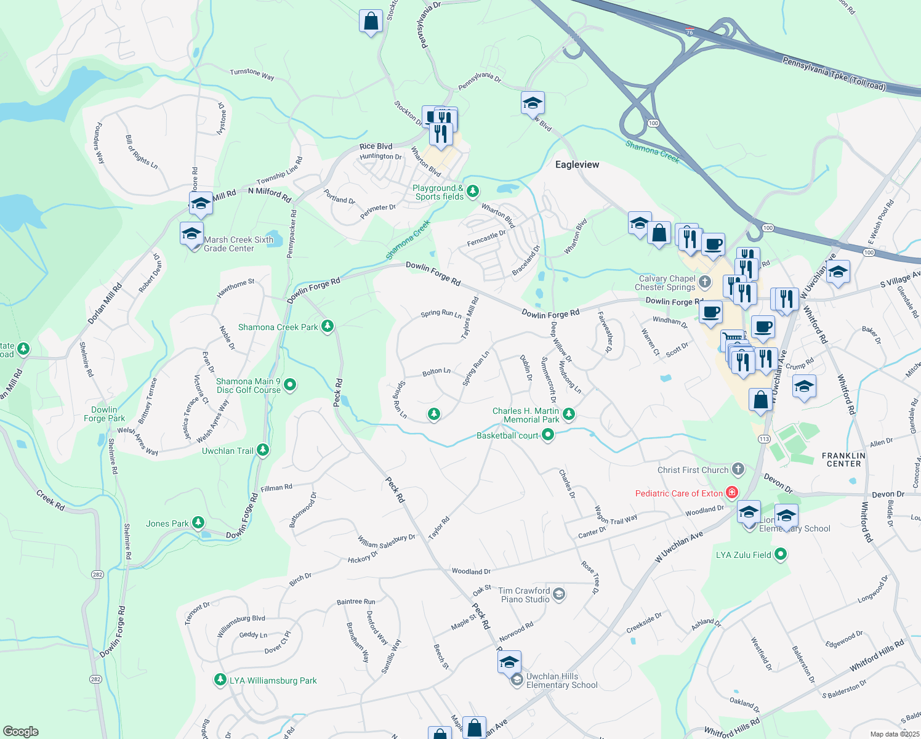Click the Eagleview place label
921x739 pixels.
click(577, 164)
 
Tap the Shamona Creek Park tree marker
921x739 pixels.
click(328, 326)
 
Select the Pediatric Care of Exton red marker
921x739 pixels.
click(731, 493)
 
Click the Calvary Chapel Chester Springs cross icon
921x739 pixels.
click(705, 283)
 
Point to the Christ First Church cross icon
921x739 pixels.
click(738, 470)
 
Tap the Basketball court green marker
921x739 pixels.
click(547, 435)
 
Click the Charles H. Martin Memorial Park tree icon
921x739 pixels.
click(569, 414)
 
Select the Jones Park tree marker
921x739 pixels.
click(198, 523)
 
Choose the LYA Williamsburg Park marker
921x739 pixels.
click(220, 680)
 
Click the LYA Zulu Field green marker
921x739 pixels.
click(781, 555)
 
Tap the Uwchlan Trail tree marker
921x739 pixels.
click(263, 451)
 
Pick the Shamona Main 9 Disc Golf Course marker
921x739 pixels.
click(290, 386)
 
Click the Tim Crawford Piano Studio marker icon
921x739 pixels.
click(559, 594)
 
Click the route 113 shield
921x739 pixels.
click(764, 439)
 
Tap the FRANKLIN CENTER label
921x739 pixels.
click(843, 459)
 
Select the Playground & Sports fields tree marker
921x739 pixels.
click(472, 192)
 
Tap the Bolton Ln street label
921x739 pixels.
click(436, 372)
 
